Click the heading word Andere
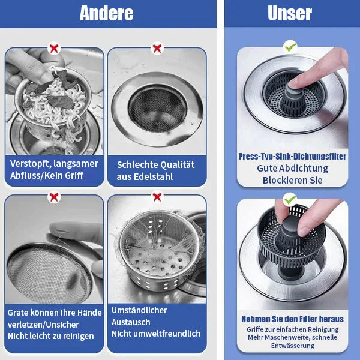[x=106, y=13]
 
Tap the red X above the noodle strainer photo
[x=54, y=48]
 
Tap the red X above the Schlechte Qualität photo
[x=157, y=48]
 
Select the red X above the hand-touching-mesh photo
[x=54, y=196]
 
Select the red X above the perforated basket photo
[x=157, y=196]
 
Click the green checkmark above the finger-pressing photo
[x=290, y=46]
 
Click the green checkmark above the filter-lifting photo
[x=290, y=198]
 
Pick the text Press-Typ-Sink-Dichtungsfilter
[x=292, y=156]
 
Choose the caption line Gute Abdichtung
[x=292, y=169]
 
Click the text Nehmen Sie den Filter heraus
[x=292, y=319]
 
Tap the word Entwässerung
[x=292, y=346]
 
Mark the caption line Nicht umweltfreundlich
[x=156, y=333]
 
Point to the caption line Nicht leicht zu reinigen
[x=51, y=336]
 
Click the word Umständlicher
[x=139, y=310]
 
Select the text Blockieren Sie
[x=292, y=180]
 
